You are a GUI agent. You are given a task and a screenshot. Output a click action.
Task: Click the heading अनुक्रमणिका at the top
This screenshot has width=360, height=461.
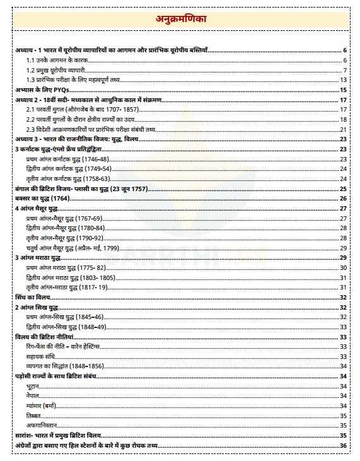(180, 20)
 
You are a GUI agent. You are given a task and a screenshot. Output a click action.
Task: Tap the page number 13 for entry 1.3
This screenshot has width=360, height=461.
(343, 80)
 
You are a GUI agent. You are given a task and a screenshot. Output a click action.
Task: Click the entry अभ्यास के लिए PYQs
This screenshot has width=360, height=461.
(42, 90)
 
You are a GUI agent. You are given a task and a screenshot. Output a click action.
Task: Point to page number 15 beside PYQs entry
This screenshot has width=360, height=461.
(343, 90)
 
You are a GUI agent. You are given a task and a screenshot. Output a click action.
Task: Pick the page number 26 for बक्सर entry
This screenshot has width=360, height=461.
(343, 198)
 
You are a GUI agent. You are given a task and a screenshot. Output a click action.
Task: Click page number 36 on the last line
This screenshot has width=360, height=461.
(343, 445)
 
